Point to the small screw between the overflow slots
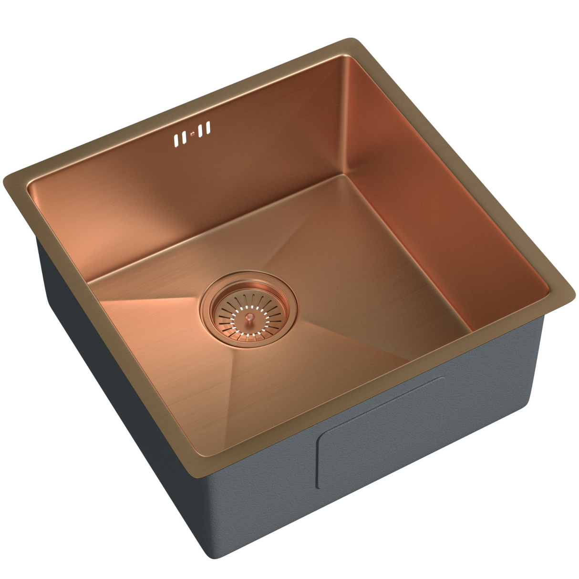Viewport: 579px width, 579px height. point(192,134)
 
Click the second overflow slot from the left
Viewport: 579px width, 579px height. point(183,137)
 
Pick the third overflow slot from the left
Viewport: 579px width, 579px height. point(201,130)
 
